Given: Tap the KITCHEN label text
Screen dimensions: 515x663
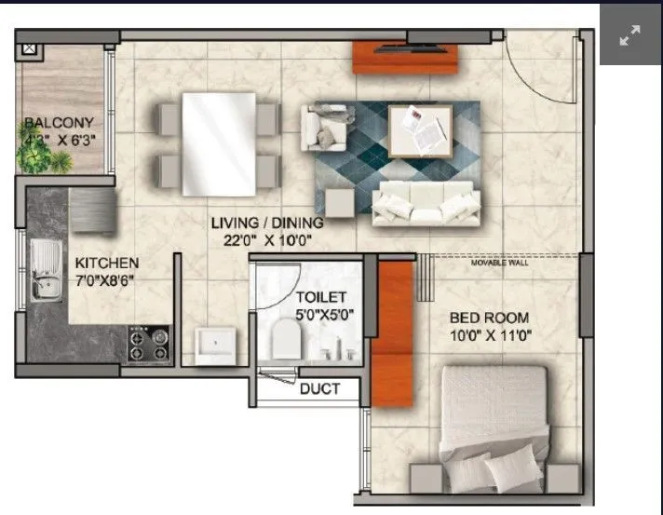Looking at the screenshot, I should coord(107,263).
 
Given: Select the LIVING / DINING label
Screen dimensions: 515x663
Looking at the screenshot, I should coord(266,223).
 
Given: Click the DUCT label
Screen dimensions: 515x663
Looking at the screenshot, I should coord(319,389).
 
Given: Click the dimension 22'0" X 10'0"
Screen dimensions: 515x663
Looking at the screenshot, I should coord(266,239).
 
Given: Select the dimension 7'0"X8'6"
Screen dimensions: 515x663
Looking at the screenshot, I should coord(106,280).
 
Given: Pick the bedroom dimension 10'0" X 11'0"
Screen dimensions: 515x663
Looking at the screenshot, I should coord(490,335).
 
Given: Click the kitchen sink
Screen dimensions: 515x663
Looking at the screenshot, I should coord(44,270).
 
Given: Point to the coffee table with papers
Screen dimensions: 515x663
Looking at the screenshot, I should coord(420,131).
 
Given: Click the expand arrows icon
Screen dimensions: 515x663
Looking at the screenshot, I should coord(630,36).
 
